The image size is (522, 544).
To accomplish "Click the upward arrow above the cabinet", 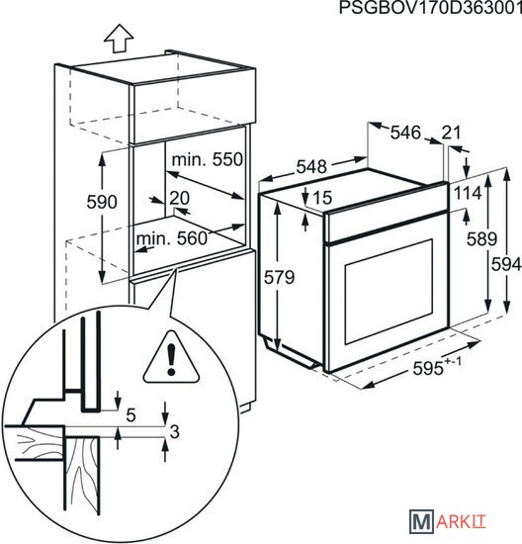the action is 120,39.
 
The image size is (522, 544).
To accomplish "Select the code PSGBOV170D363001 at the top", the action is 430,8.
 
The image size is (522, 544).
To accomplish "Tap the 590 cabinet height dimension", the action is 102,202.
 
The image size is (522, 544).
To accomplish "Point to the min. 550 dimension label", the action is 208,159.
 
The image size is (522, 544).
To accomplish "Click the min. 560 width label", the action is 171,238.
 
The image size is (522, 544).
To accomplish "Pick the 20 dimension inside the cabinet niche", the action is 179,198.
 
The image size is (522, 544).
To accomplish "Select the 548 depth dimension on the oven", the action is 311,167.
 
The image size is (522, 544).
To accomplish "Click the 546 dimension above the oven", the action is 405,133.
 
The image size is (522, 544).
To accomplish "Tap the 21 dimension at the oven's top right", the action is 451,133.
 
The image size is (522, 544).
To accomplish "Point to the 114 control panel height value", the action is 468,193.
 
